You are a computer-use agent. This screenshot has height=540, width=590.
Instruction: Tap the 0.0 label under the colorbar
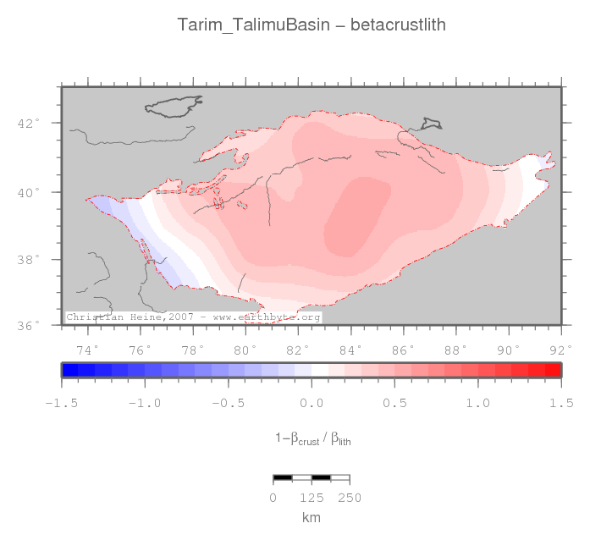pos(312,403)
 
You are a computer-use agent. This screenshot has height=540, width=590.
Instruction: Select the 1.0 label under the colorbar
pos(478,403)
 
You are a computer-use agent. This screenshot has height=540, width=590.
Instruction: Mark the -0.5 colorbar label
pos(228,403)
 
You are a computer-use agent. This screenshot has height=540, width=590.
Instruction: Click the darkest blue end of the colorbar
pos(70,370)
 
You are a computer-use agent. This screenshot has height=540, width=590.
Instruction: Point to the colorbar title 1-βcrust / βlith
pos(312,438)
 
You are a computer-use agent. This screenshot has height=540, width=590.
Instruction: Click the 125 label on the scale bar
pos(312,498)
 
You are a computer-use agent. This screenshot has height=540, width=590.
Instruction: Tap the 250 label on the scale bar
pos(350,498)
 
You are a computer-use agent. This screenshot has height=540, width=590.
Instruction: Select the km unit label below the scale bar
pos(312,516)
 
